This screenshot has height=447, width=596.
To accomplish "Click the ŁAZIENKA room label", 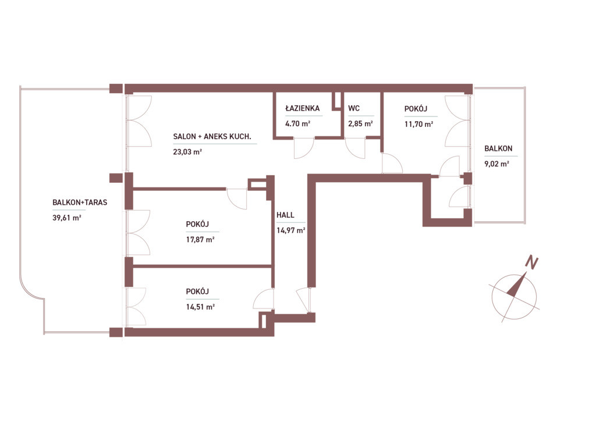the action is click(303, 108).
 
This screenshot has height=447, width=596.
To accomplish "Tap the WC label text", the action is click(354, 108).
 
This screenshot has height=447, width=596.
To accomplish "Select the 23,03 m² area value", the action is click(187, 152).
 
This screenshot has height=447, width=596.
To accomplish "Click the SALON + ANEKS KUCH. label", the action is click(212, 136).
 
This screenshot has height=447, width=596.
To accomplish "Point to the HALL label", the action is click(285, 215).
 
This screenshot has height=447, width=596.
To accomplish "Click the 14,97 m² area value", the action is click(291, 230).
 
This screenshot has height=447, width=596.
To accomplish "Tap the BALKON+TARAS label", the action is click(80, 203).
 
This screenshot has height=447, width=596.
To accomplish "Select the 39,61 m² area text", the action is click(67, 218).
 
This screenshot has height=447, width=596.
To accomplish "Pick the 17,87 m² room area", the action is click(200, 240).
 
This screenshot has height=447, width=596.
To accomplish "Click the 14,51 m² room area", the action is click(200, 307).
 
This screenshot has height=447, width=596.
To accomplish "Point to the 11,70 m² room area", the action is click(419, 124).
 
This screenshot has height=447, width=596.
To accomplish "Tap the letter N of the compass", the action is click(532, 262).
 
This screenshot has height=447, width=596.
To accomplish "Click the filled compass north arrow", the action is click(516, 286).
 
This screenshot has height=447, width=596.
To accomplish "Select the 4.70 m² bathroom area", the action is click(298, 123).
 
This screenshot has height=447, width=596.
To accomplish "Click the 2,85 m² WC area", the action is click(360, 123).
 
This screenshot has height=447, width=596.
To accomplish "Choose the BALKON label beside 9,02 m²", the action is click(498, 148).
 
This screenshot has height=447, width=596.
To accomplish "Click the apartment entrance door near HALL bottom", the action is click(304, 301).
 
